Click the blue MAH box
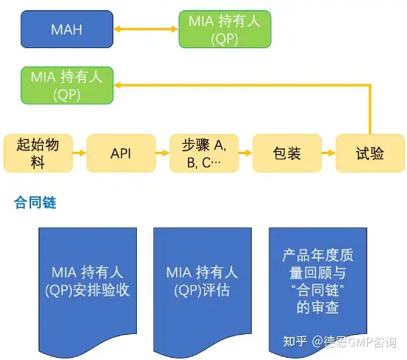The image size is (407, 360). [x=67, y=29]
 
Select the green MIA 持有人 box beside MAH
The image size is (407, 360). [x=225, y=29]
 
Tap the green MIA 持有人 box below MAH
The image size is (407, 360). [x=67, y=85]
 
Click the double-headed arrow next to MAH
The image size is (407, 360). [x=146, y=29]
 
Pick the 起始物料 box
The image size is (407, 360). [x=38, y=153]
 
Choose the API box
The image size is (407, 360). [x=121, y=153]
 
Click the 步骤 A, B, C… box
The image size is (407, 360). [x=204, y=153]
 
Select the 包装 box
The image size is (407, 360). [x=287, y=153]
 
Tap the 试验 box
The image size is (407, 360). [x=370, y=153]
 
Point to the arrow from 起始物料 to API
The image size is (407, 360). [x=79, y=153]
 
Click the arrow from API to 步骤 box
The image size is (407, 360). [x=163, y=153]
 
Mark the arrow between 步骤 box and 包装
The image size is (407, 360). [x=246, y=153]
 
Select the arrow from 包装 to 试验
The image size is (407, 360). [x=329, y=153]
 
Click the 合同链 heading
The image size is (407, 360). [x=35, y=202]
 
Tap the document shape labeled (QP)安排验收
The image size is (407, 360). [x=87, y=292]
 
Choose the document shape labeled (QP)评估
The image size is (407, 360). [x=202, y=292]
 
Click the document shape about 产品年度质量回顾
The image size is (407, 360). [x=317, y=292]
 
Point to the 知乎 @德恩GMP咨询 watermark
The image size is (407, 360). [x=340, y=341]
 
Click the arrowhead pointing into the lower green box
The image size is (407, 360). [x=118, y=85]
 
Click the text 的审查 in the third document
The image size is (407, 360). [x=317, y=307]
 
